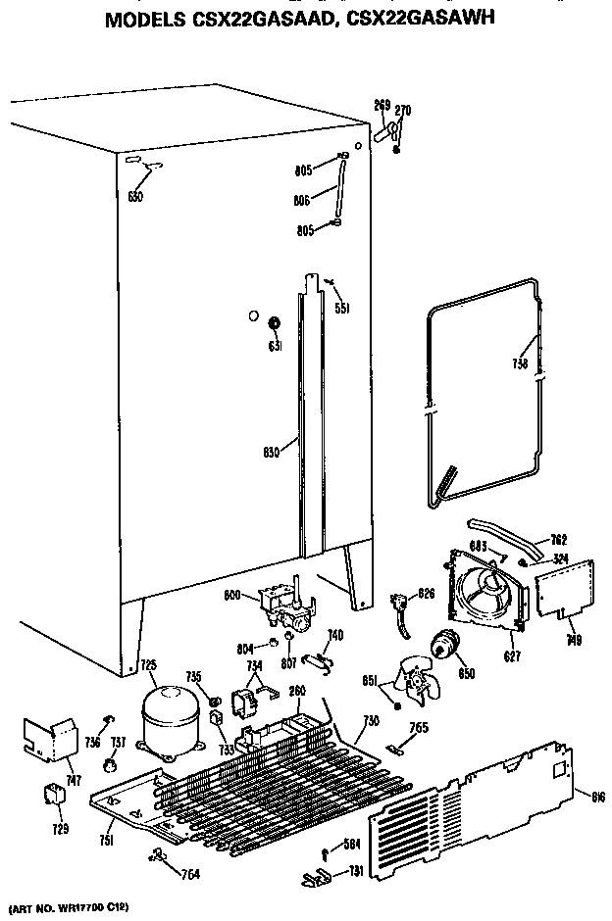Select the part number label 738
[520, 364]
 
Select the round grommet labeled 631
[275, 323]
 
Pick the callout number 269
[382, 104]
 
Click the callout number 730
[370, 720]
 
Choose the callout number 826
[426, 593]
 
